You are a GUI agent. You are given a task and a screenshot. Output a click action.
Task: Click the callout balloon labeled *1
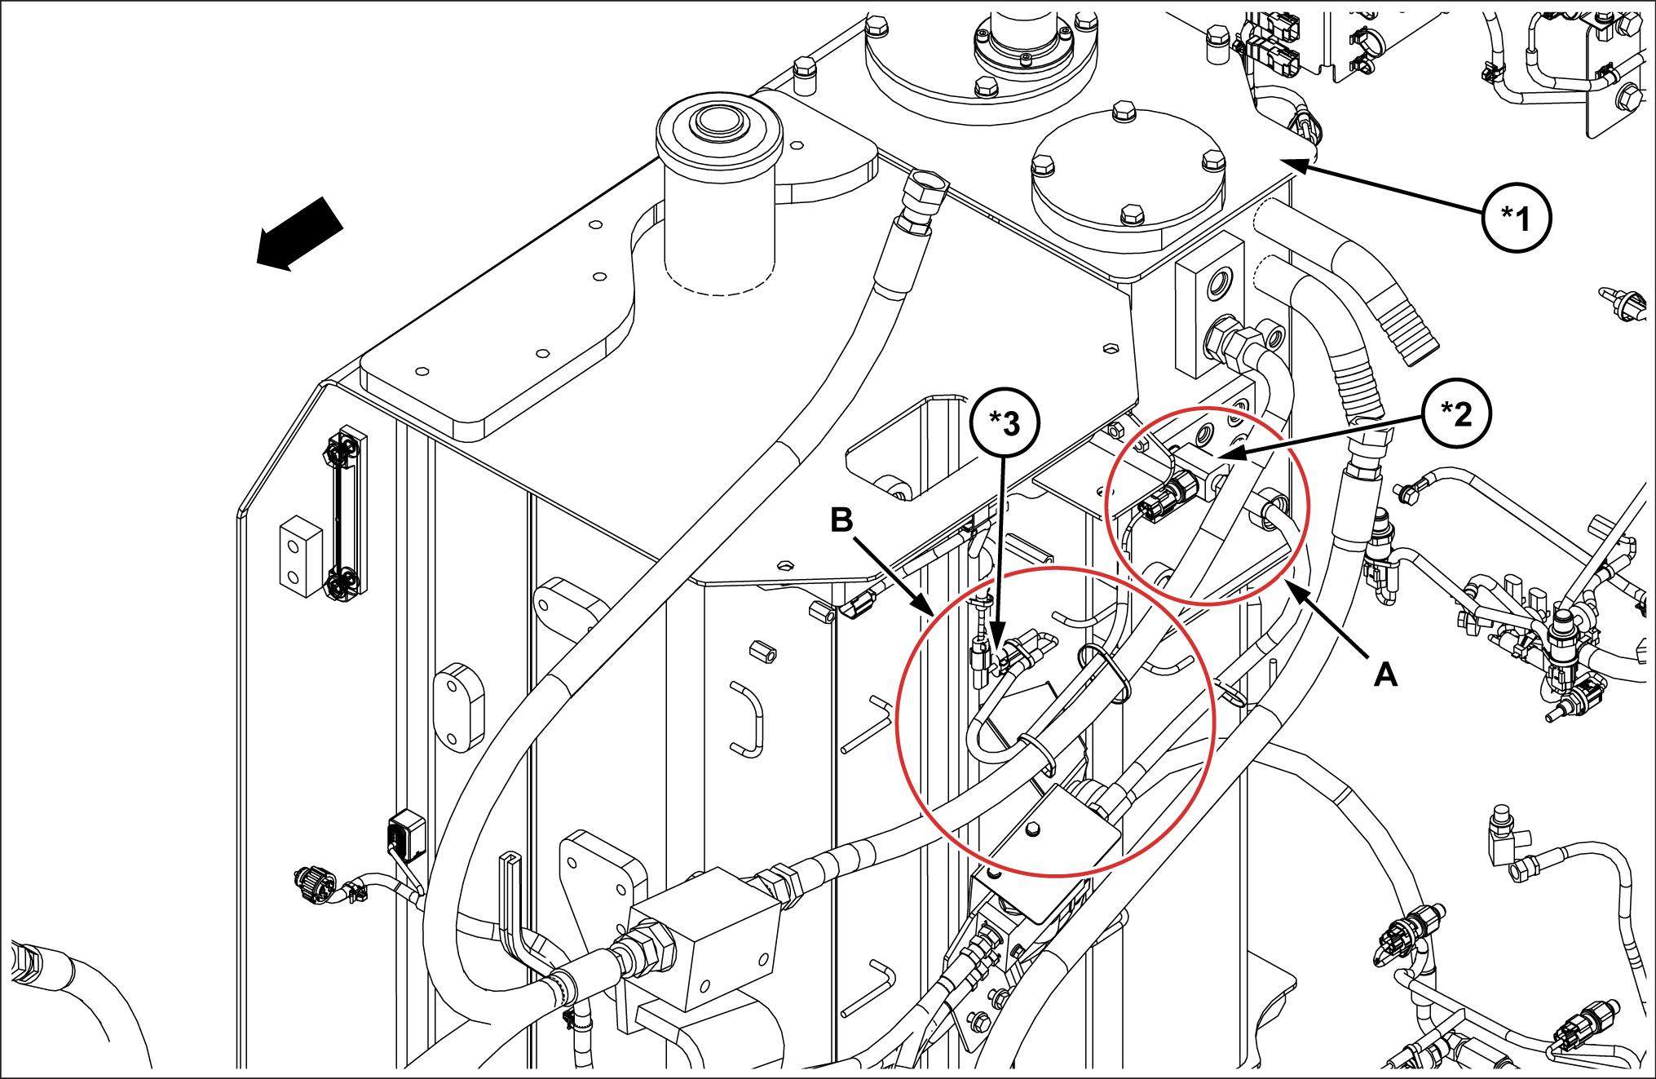pyautogui.click(x=1517, y=216)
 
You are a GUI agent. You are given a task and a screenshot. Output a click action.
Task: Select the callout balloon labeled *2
pyautogui.click(x=1455, y=414)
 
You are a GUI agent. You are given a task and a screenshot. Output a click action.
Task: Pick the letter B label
pyautogui.click(x=841, y=520)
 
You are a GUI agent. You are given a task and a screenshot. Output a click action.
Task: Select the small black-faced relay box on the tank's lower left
pyautogui.click(x=406, y=834)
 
